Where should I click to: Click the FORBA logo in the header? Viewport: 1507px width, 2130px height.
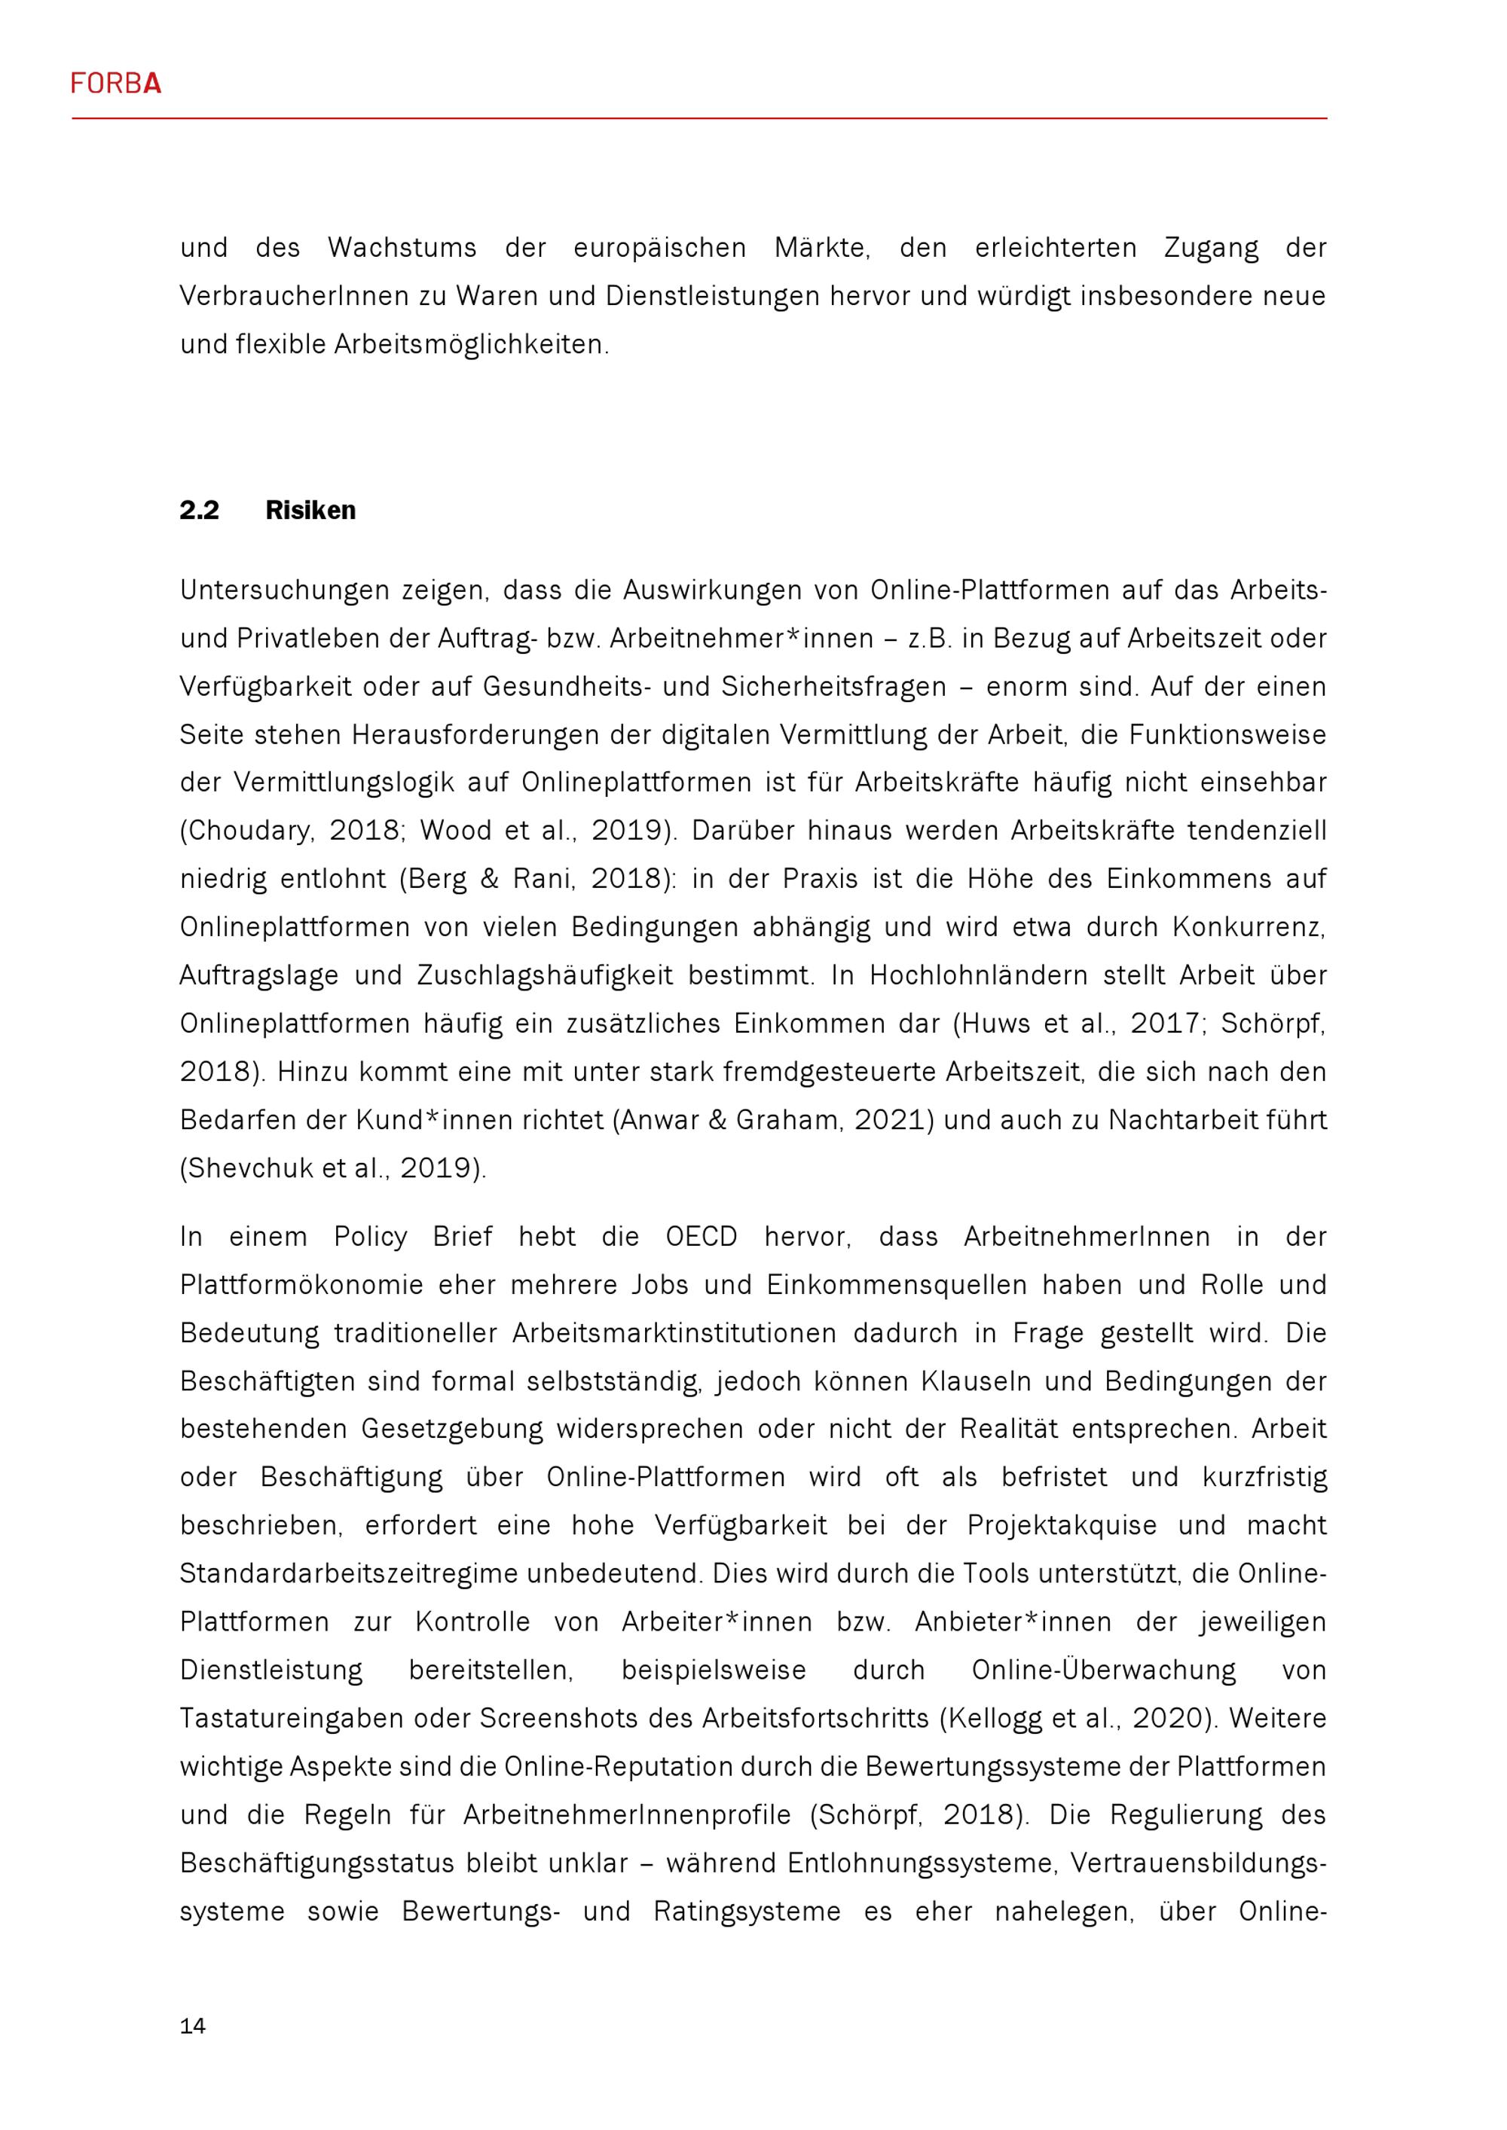[x=115, y=84]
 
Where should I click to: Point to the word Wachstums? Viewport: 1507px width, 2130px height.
[x=402, y=248]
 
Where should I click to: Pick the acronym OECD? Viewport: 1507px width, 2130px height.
[x=701, y=1237]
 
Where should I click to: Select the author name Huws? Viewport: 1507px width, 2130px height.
[x=993, y=1024]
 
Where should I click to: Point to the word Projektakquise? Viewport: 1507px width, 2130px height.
[x=1062, y=1526]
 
